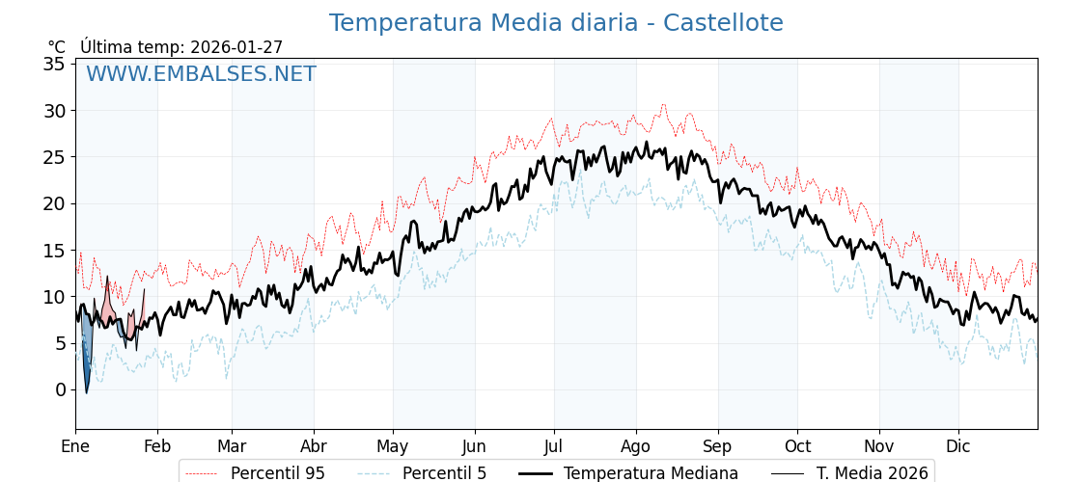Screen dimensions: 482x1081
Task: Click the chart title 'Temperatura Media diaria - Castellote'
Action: [556, 23]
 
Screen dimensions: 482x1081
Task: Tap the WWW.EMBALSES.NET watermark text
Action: [201, 74]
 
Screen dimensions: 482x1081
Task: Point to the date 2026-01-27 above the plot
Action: [236, 47]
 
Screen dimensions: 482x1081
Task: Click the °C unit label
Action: [57, 47]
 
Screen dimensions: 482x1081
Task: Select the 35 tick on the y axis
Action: [54, 64]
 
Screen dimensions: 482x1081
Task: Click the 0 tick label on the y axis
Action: [60, 389]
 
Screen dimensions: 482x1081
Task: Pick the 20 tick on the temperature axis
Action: [54, 203]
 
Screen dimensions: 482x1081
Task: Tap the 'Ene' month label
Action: [75, 446]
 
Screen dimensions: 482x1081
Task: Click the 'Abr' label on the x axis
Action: [314, 446]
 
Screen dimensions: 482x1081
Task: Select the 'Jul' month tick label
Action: [554, 446]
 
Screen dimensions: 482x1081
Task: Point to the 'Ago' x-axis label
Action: [636, 446]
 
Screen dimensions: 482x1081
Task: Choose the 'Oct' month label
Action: [797, 446]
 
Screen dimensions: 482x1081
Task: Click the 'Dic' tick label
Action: [958, 446]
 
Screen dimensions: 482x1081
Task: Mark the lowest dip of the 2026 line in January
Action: [86, 392]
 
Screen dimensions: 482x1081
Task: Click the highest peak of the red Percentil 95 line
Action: [663, 104]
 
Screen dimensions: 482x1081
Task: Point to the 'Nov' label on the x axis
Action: [879, 446]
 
